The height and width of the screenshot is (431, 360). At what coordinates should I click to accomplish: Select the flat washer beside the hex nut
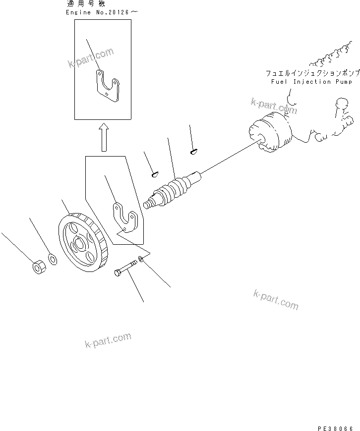(52, 260)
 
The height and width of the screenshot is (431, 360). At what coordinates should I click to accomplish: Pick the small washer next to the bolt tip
(142, 259)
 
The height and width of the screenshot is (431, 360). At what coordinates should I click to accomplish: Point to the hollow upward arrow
(104, 137)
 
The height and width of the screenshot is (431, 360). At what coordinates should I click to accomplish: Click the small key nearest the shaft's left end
(154, 173)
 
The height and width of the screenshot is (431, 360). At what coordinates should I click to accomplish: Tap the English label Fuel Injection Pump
(311, 82)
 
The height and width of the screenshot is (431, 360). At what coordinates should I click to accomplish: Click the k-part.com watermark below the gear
(108, 340)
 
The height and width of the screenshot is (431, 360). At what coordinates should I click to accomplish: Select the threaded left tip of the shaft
(148, 204)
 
